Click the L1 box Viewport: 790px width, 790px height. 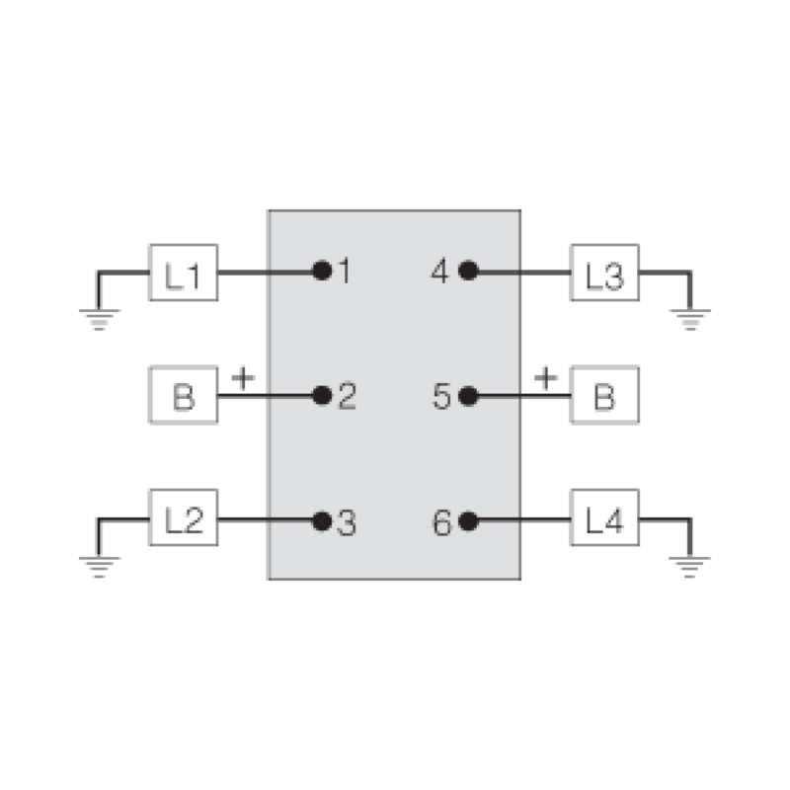tap(183, 272)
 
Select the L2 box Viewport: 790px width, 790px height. tap(183, 519)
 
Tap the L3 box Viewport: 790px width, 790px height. tap(604, 272)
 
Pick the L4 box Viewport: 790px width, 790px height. tap(604, 519)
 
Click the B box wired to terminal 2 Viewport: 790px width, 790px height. tap(183, 396)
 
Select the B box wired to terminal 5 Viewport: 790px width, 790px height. tap(604, 396)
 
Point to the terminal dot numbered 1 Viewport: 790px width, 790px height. tap(321, 271)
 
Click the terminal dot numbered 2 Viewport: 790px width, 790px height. tap(321, 396)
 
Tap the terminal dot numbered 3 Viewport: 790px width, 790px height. tap(321, 520)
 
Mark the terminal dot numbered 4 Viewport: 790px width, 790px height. tap(468, 271)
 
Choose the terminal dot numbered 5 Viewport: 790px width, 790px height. tap(468, 396)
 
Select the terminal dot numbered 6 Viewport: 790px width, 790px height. tap(468, 520)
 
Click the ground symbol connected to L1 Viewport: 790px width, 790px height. tap(99, 318)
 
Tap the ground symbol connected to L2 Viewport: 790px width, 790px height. tap(99, 565)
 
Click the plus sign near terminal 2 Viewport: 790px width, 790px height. tap(243, 377)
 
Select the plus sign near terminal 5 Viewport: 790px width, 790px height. tap(545, 377)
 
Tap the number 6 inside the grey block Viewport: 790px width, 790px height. tap(442, 521)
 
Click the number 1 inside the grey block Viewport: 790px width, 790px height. tap(344, 271)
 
